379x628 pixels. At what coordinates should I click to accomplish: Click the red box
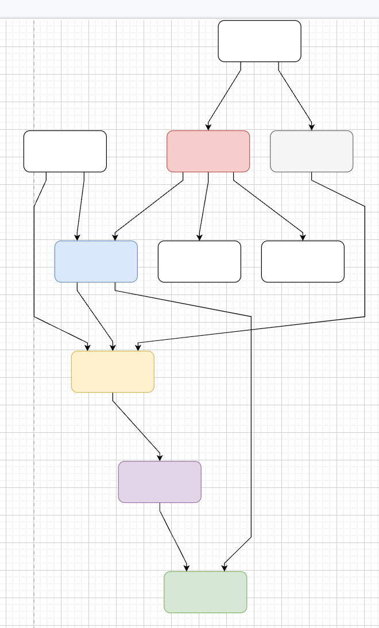click(x=208, y=151)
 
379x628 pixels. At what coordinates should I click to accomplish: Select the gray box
click(x=311, y=151)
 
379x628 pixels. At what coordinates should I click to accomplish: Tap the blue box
click(x=96, y=261)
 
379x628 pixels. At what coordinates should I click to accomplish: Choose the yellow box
click(x=113, y=371)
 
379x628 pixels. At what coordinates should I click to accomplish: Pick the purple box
click(x=160, y=482)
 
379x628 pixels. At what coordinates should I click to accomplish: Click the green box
click(x=205, y=592)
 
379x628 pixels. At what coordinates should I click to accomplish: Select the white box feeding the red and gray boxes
click(x=260, y=41)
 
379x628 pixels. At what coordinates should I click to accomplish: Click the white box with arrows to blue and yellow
click(x=65, y=151)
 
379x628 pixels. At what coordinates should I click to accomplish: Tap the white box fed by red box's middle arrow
click(x=199, y=261)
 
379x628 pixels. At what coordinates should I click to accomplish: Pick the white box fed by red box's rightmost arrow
click(x=303, y=261)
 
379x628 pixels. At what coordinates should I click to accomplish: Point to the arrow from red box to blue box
click(x=149, y=207)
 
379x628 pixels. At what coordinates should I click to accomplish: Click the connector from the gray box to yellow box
click(x=365, y=258)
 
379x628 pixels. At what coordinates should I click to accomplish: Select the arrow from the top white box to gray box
click(x=295, y=98)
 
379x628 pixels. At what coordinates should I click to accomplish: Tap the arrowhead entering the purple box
click(x=160, y=458)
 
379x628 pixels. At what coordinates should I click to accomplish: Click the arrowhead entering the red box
click(x=208, y=127)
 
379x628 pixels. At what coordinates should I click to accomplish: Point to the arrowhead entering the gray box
click(x=312, y=127)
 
